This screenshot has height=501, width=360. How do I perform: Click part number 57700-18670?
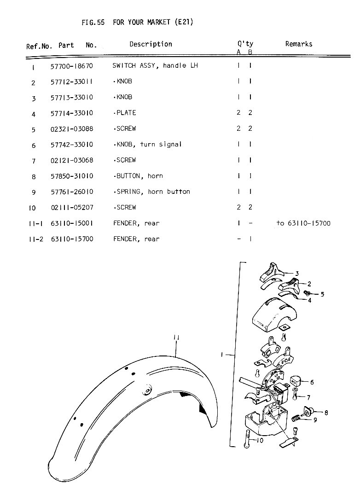coord(72,66)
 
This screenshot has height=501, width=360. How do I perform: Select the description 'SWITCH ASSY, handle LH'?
coord(155,66)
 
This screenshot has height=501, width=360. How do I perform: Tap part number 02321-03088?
coord(72,129)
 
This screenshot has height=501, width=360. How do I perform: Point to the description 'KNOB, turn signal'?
coord(148,145)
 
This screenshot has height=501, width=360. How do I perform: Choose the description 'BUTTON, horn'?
coord(138,176)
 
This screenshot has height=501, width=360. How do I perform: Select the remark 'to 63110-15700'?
coord(303,223)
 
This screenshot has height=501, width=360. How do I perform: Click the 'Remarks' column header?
coord(298,44)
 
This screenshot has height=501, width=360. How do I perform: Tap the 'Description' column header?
coord(151,44)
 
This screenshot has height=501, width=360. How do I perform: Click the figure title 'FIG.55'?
coord(93,22)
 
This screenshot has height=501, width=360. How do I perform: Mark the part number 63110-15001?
coord(72,223)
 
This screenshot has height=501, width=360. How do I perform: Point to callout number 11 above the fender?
coord(176,338)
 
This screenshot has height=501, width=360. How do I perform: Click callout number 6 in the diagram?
coord(312,382)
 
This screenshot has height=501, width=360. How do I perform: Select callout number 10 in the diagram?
coord(260,441)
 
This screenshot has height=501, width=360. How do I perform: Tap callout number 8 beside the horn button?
coord(326,413)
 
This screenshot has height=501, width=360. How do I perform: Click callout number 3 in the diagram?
coord(297,274)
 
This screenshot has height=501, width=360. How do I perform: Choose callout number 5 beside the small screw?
coord(322,294)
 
